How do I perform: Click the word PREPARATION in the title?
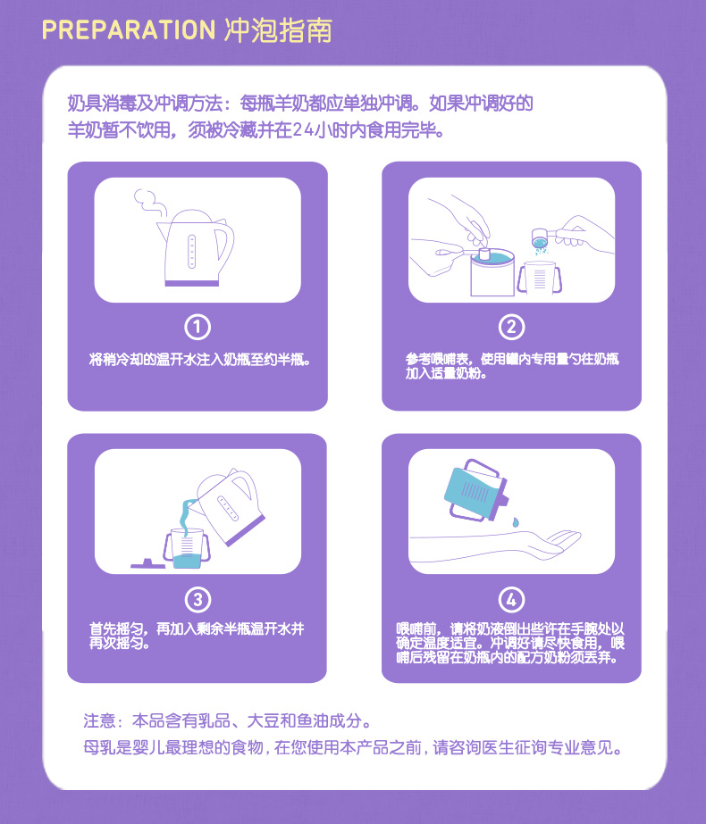point(129,30)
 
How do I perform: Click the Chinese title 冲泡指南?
point(278,30)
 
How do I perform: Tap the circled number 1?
point(198,327)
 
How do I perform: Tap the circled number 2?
point(511,327)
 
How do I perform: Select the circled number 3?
point(198,600)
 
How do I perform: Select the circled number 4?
point(511,600)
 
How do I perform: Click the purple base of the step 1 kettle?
point(191,283)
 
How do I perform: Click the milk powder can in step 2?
point(492,273)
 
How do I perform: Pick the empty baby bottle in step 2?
point(539,278)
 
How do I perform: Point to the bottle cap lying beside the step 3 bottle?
point(148,564)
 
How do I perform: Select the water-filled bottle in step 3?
point(187,548)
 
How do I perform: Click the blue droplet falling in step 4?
point(515,522)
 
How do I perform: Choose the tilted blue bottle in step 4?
point(476,490)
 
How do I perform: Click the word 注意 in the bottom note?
point(99,720)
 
